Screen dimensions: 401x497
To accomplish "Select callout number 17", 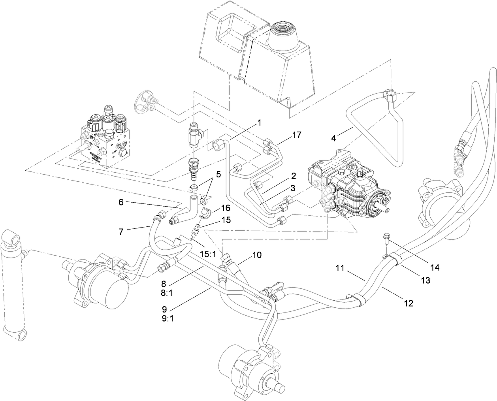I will pyautogui.click(x=297, y=135).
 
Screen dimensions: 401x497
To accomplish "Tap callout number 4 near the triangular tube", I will pyautogui.click(x=333, y=139).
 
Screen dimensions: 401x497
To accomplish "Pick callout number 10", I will pyautogui.click(x=257, y=255).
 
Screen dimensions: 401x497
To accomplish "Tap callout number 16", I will pyautogui.click(x=226, y=207).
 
